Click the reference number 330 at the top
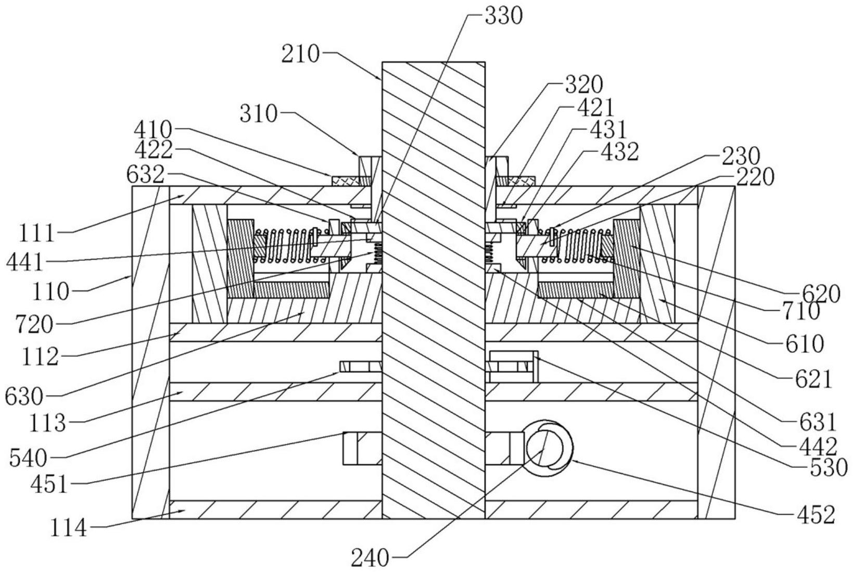click(x=503, y=17)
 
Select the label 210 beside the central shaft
click(x=300, y=55)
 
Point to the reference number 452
click(x=816, y=515)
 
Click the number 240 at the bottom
click(x=370, y=559)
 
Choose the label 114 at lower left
click(x=69, y=529)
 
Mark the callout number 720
click(x=34, y=325)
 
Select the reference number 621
click(x=813, y=379)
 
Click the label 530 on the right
click(x=829, y=468)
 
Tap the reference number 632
click(x=146, y=175)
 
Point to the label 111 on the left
click(x=37, y=233)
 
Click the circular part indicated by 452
click(x=549, y=448)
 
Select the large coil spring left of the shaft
click(x=291, y=246)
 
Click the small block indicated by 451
click(x=350, y=448)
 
